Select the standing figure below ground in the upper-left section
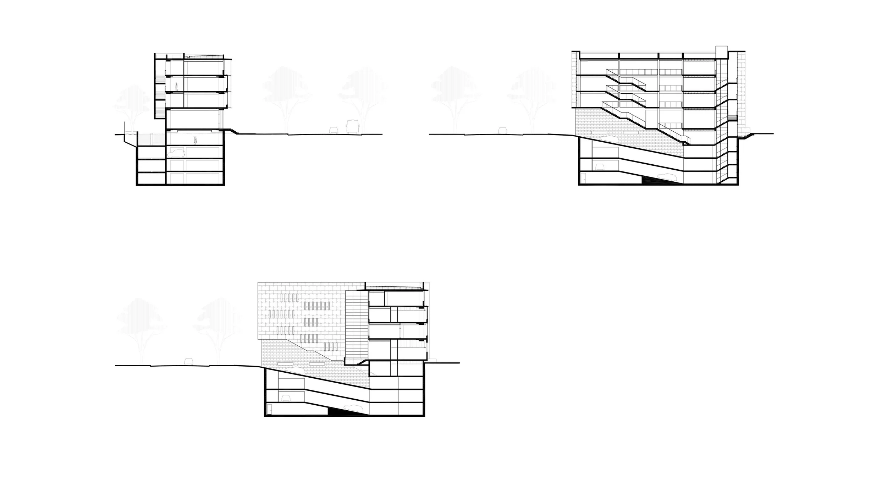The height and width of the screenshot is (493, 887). (x=195, y=140)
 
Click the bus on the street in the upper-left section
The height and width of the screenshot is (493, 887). (x=352, y=127)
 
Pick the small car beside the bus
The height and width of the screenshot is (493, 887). (x=334, y=130)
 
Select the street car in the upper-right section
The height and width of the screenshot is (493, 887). (x=502, y=131)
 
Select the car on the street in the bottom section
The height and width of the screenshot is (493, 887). (x=188, y=361)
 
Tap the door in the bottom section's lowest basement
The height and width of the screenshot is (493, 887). (x=270, y=409)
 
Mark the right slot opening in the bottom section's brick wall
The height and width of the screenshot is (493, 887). (x=316, y=363)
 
